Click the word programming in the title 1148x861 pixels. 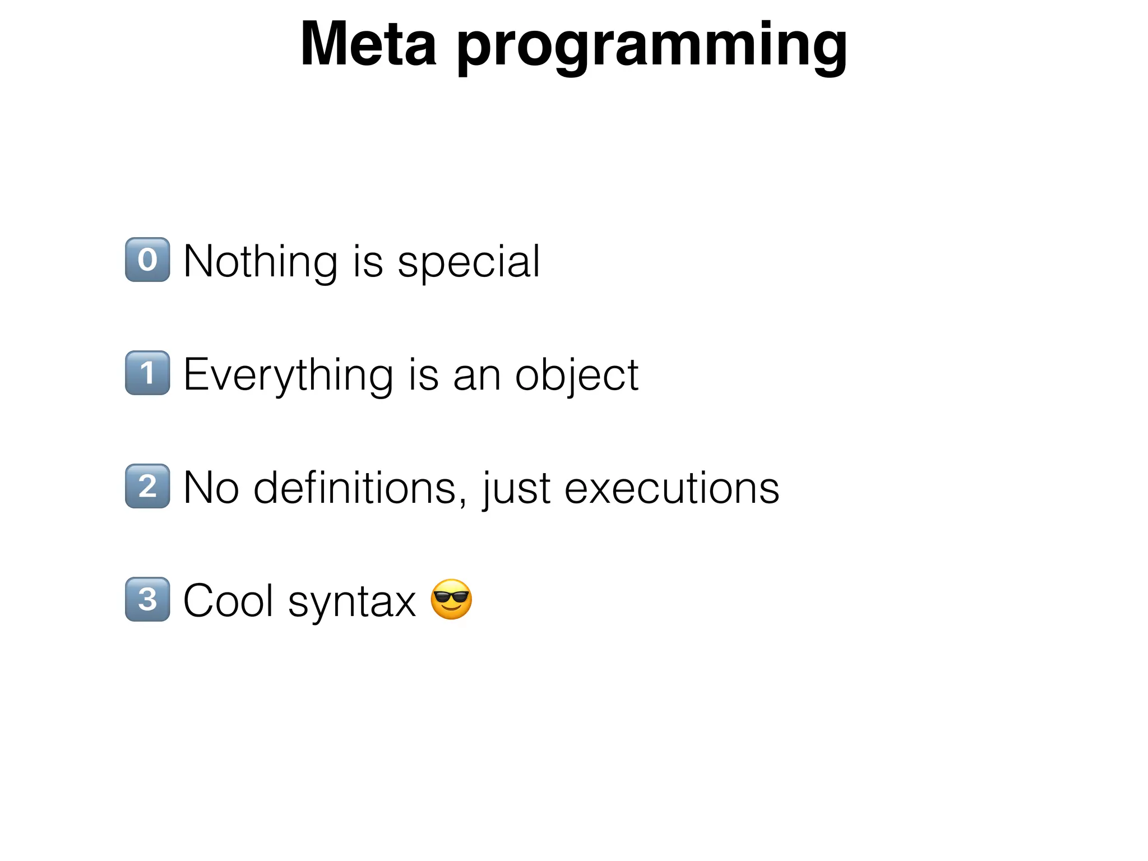point(652,47)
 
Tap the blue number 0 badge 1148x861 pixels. point(147,260)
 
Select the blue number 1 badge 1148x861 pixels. point(147,373)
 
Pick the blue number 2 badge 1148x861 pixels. point(147,486)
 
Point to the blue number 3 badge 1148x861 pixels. point(147,599)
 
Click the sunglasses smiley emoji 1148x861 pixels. point(451,599)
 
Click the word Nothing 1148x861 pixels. point(260,261)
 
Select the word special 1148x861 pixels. point(469,262)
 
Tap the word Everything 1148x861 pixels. point(288,376)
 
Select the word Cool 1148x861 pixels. point(229,601)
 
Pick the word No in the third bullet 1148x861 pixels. point(211,488)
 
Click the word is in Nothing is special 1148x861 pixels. point(368,261)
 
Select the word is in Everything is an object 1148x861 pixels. point(424,374)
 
